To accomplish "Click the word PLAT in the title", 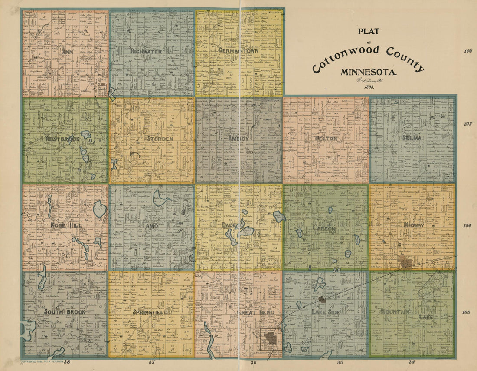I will (368, 31).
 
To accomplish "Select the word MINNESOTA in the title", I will (368, 72).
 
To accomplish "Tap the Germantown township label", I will (238, 50).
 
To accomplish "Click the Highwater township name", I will (146, 51).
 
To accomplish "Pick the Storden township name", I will (160, 139).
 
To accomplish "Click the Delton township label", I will (327, 138).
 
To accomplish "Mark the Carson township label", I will (324, 228).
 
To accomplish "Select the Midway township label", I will (413, 225).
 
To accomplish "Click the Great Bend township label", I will (255, 312).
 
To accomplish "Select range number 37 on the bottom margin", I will (152, 362).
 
